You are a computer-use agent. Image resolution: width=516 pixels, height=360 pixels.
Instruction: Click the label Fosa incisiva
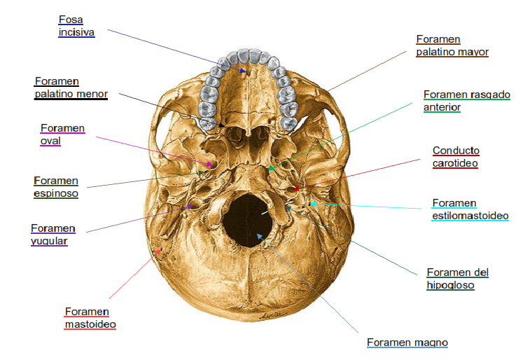76,26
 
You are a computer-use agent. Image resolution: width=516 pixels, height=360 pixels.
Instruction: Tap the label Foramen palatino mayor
452,46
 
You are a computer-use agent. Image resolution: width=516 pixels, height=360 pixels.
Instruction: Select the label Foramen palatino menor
69,88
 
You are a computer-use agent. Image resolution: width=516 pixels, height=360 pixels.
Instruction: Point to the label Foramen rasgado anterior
466,101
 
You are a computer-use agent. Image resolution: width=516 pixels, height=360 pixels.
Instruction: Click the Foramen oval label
62,134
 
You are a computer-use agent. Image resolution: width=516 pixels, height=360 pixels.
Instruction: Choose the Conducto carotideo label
456,156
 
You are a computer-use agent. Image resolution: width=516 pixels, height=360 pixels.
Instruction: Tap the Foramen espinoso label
55,187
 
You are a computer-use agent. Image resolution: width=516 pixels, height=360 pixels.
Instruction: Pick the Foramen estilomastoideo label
470,209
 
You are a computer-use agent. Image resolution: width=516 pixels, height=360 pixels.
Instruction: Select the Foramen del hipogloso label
457,278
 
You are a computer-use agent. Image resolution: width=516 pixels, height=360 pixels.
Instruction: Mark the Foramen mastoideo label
90,317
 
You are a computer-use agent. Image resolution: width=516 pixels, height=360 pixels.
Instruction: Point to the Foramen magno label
407,342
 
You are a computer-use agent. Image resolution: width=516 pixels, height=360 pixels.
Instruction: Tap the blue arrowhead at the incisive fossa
243,70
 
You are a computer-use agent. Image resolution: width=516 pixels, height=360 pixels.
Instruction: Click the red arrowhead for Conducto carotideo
295,188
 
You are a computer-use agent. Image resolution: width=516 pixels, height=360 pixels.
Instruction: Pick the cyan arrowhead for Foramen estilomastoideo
313,204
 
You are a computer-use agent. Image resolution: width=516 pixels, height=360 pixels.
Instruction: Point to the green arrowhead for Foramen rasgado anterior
272,167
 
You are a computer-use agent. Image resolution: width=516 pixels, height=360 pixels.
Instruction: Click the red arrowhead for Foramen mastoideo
160,251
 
